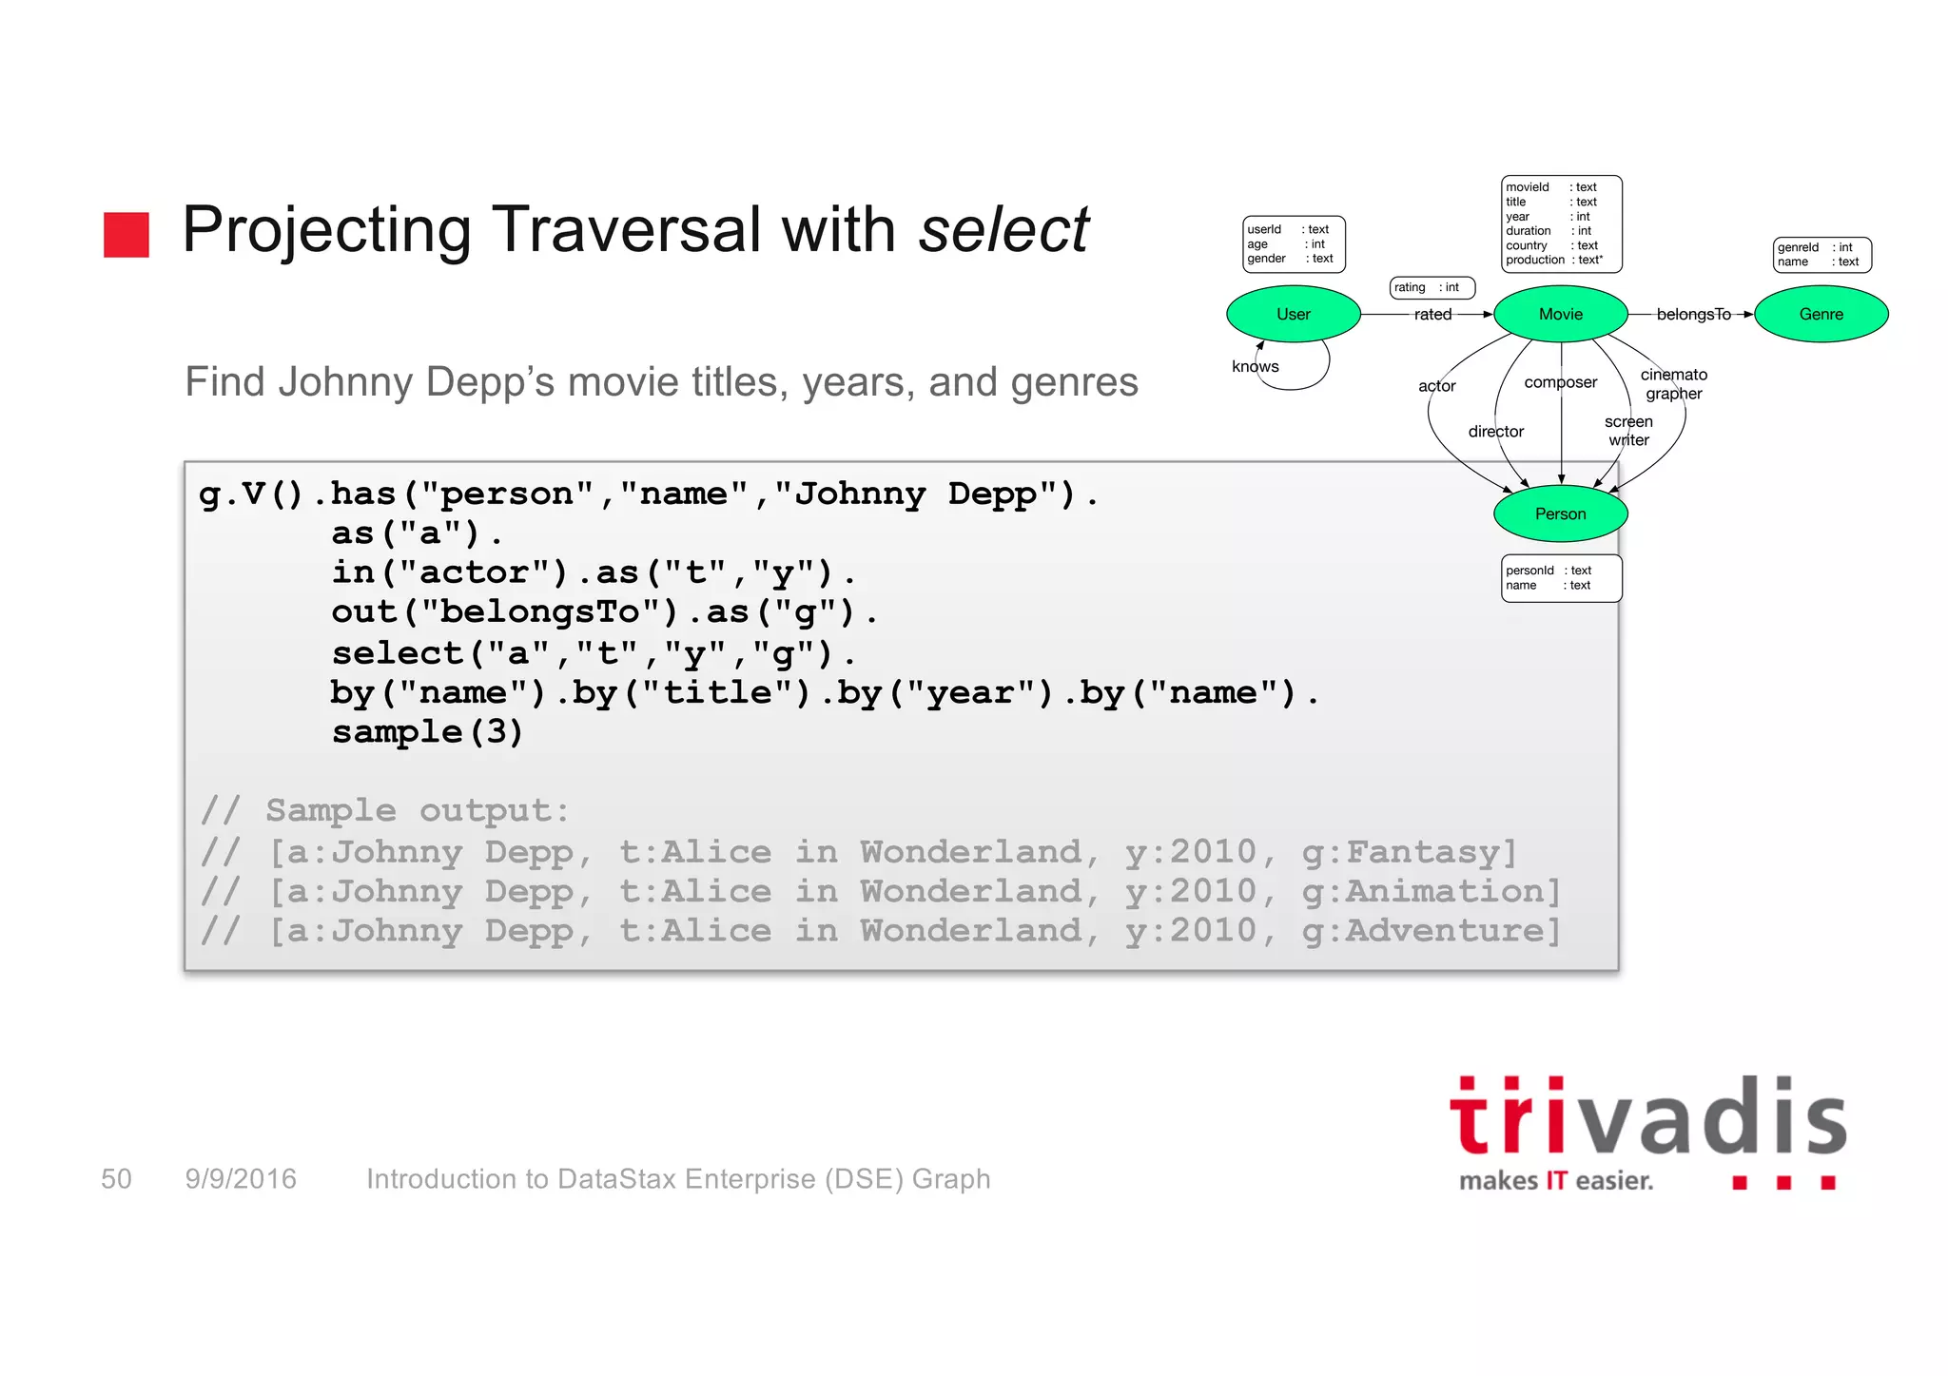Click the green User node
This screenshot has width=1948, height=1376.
point(1293,314)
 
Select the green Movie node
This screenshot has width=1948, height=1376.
point(1560,314)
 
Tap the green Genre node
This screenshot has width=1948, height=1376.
point(1821,314)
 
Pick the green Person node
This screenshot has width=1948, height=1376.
point(1560,514)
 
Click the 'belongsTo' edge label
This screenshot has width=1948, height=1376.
point(1693,315)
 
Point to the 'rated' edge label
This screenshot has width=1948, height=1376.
point(1432,315)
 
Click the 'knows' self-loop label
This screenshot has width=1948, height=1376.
point(1255,367)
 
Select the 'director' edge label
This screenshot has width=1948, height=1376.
point(1495,432)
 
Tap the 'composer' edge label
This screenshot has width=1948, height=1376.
point(1560,382)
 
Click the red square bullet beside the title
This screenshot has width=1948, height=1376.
point(127,235)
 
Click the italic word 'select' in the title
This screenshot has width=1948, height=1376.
point(1003,230)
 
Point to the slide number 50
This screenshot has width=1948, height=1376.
point(116,1179)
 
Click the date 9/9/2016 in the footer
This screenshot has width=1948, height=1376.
point(241,1179)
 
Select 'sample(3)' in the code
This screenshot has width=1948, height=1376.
point(427,732)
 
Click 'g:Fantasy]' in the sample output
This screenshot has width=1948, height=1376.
point(1409,852)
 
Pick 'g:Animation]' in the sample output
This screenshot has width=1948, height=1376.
point(1431,892)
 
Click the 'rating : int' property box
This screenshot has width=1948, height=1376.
point(1432,287)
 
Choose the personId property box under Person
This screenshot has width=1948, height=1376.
point(1561,578)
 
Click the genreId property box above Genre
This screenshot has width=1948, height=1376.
point(1821,255)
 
